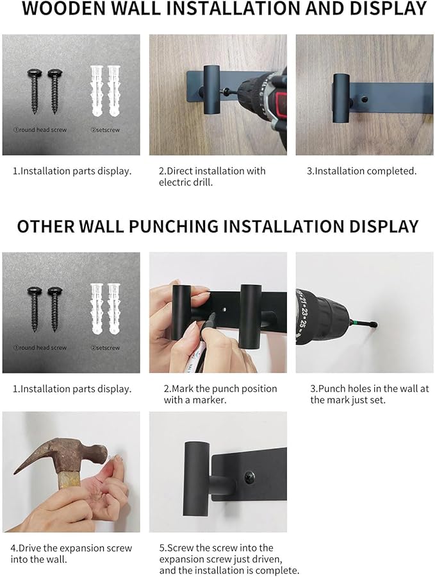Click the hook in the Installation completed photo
coord(341,97)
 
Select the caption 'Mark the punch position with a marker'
coord(220,394)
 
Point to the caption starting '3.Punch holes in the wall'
coord(370,394)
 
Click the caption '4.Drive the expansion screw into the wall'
coord(70,554)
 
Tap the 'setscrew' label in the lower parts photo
coord(105,348)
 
